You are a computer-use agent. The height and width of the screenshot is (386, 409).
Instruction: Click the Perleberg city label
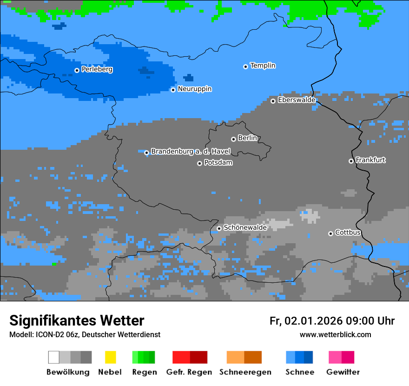tap(97, 69)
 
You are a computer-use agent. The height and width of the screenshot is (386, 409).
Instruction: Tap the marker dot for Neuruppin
tap(173, 90)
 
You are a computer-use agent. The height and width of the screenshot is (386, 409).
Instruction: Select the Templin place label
tap(263, 66)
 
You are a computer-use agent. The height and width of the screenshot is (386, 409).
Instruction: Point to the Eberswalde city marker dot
tap(273, 101)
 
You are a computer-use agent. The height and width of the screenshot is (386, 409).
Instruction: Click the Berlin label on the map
tap(247, 138)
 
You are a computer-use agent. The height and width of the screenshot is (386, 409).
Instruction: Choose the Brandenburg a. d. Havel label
tap(191, 152)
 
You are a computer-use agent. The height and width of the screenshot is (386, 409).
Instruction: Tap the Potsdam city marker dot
tap(199, 163)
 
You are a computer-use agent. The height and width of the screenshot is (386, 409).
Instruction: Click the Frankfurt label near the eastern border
tap(370, 160)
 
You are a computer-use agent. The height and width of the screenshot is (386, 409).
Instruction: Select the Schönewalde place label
tap(245, 228)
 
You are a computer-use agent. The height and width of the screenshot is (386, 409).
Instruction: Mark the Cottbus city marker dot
tap(330, 233)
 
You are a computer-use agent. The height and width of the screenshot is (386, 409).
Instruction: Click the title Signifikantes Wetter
tap(77, 321)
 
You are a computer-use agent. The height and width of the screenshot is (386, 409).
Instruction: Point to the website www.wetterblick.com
tap(335, 335)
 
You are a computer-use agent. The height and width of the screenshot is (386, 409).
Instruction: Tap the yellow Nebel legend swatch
tap(110, 357)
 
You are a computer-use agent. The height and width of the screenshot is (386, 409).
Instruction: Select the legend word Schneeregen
tap(245, 372)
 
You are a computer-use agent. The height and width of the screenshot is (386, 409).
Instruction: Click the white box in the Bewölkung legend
tap(54, 357)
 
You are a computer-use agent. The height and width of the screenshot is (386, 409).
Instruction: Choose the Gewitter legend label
tap(343, 372)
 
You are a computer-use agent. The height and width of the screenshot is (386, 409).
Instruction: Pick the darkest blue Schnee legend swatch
tap(308, 357)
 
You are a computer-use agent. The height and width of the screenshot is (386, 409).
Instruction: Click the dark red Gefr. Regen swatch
tap(198, 357)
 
